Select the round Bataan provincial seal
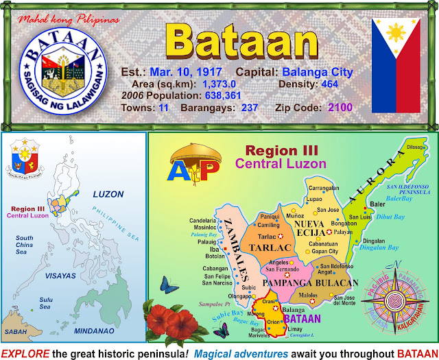64,75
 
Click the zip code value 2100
340,108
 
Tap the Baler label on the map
377,204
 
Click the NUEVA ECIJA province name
314,229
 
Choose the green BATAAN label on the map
302,319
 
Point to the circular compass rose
396,300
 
